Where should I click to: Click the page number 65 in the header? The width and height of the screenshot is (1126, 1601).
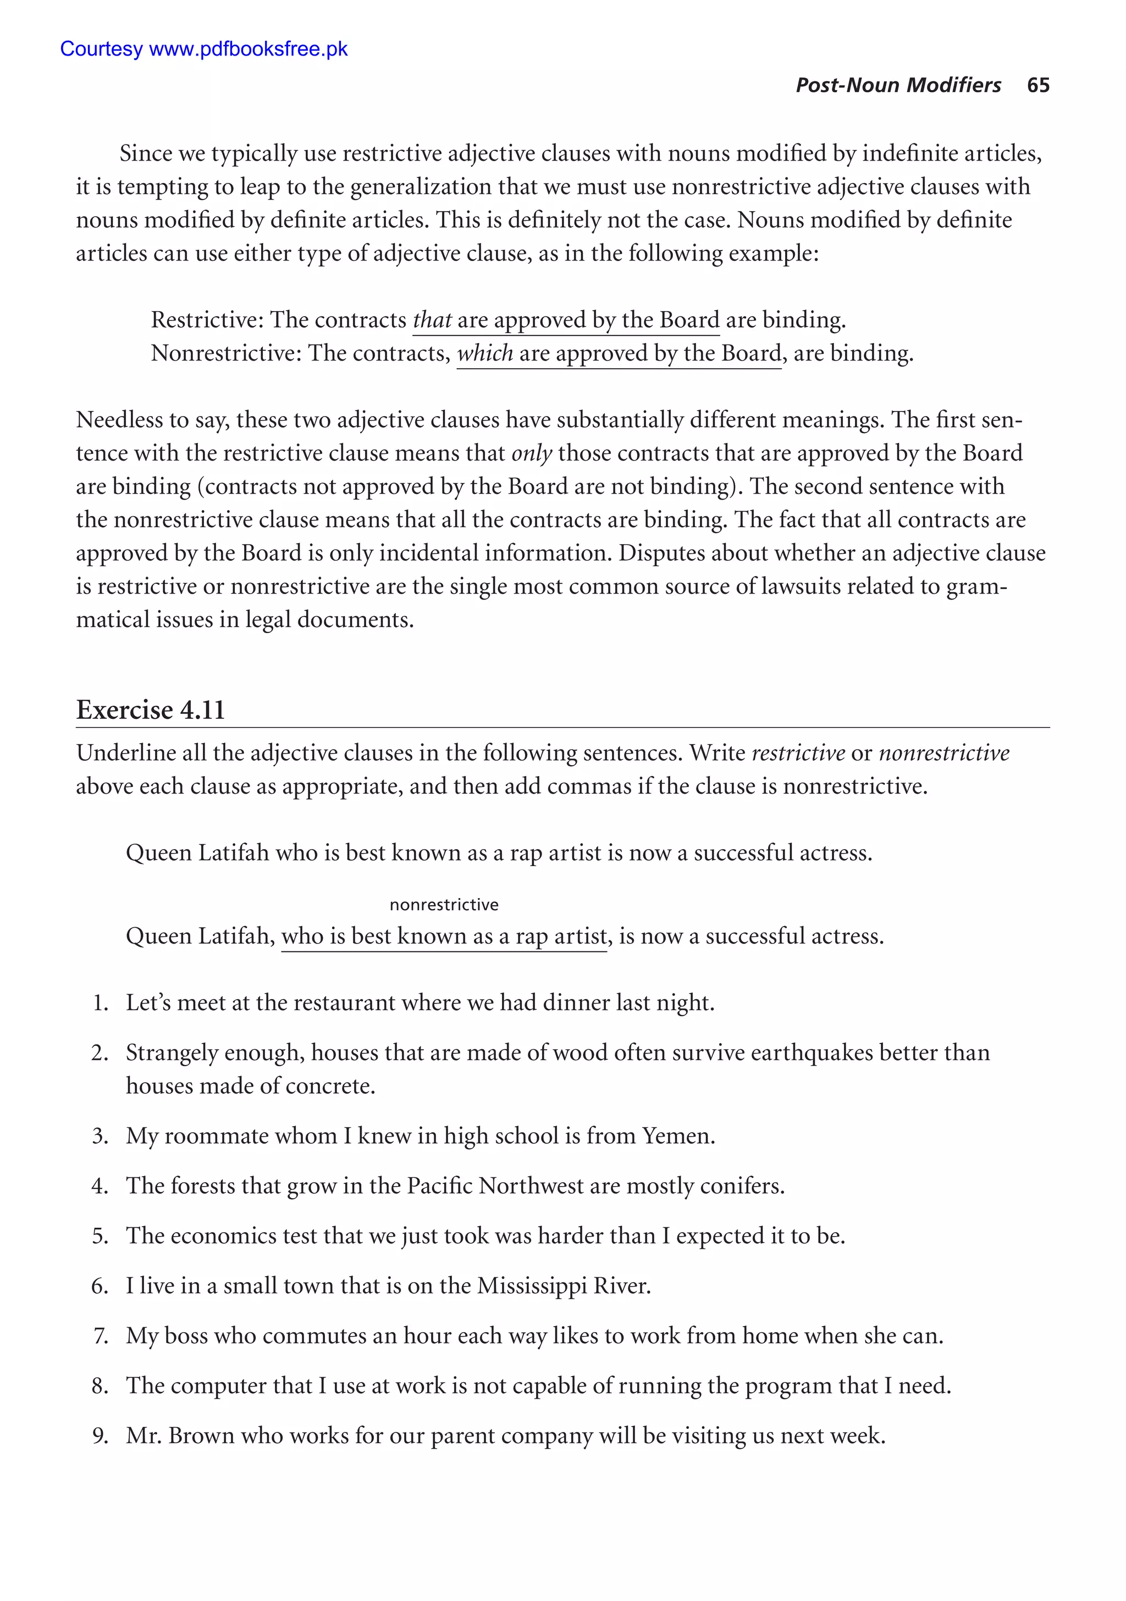(x=1037, y=85)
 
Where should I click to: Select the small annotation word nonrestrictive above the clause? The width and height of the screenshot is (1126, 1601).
(x=444, y=905)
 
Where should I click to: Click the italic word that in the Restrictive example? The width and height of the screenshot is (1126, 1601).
(x=432, y=319)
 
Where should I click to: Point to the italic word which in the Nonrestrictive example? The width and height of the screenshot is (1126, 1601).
(x=485, y=353)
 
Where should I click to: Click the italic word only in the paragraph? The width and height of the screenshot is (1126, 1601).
(x=532, y=453)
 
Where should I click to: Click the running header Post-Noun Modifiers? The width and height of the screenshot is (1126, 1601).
(x=898, y=85)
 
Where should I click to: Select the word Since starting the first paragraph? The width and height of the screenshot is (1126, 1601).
(x=145, y=153)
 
